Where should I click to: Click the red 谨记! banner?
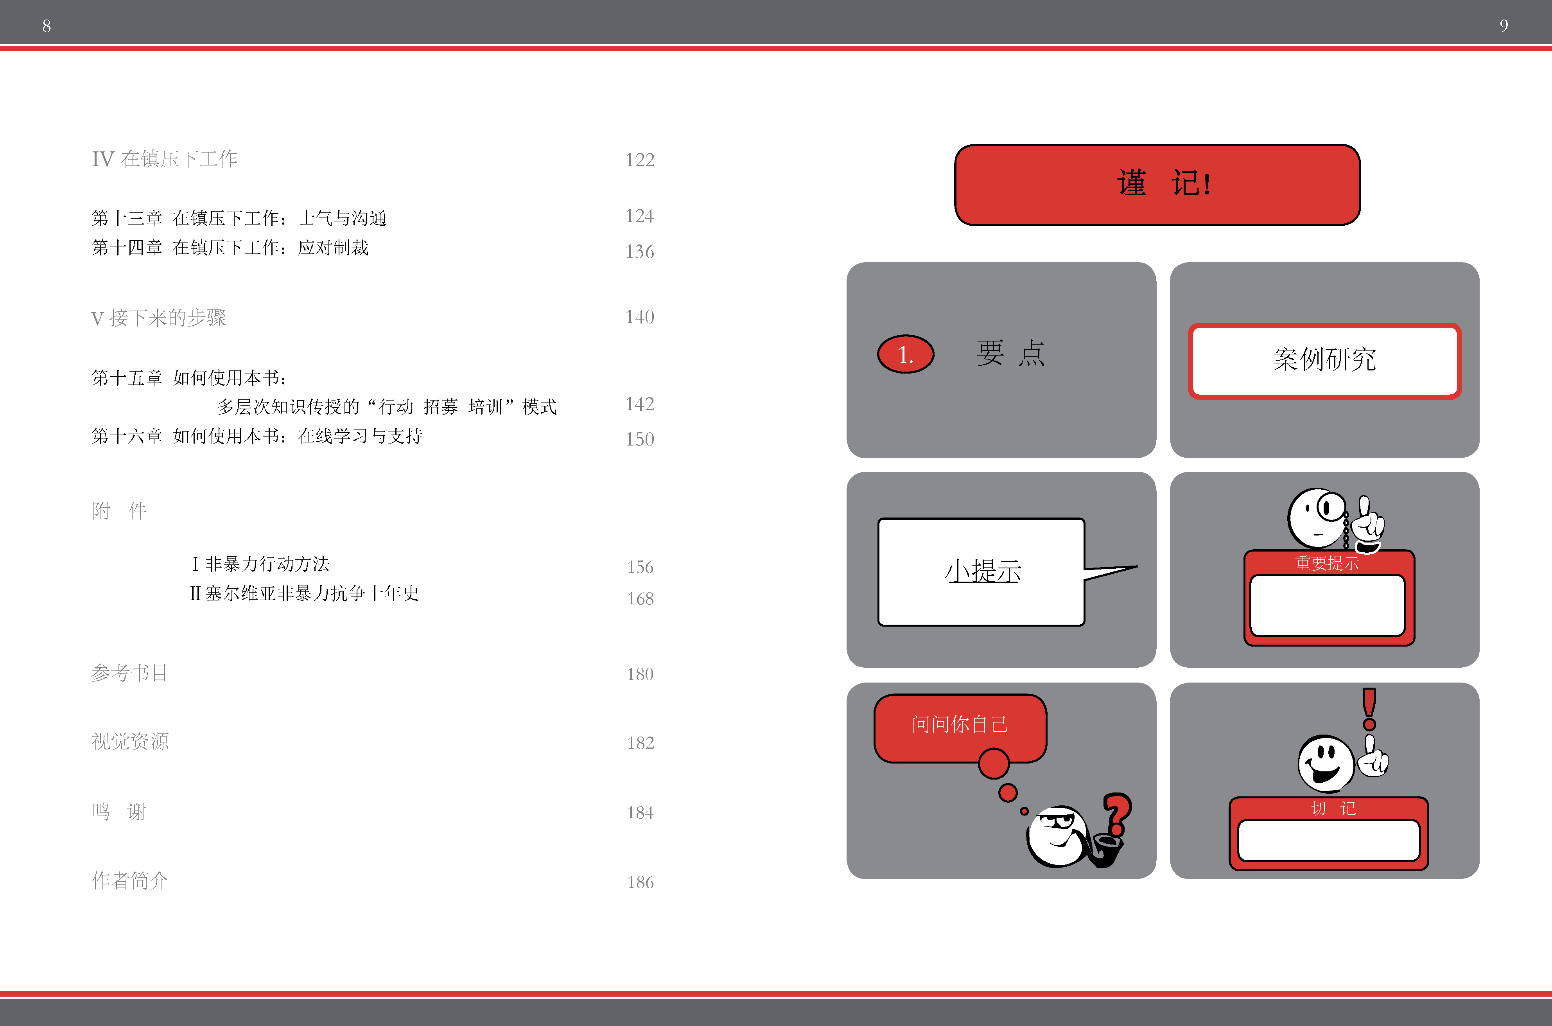pos(1157,185)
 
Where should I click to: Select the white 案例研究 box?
pos(1324,361)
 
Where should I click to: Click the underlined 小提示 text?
pos(983,571)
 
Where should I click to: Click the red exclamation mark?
pos(1369,709)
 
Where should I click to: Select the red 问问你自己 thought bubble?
pos(960,728)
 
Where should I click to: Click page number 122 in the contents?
pos(640,160)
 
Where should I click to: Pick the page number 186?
pos(640,882)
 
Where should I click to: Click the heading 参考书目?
pos(129,673)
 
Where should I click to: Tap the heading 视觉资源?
pos(130,741)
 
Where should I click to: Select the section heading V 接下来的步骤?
pos(158,318)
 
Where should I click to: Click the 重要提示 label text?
pos(1327,563)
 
